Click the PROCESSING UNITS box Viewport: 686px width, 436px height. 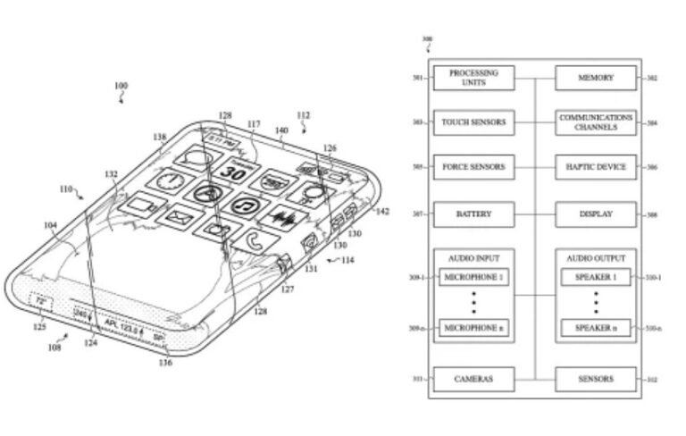(x=473, y=78)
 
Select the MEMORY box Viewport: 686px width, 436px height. (x=597, y=78)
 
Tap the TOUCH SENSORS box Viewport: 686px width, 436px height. (x=473, y=122)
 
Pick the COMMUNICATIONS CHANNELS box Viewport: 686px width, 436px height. (x=597, y=122)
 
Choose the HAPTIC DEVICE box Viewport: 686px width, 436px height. (x=597, y=167)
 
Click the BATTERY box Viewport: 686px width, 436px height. (x=473, y=214)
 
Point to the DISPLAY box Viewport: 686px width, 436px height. (x=597, y=214)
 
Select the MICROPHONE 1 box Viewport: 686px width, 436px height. (x=473, y=277)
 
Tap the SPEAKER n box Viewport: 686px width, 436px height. (x=597, y=329)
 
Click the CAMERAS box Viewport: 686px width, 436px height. (x=473, y=379)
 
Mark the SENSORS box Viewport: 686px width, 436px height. (x=597, y=379)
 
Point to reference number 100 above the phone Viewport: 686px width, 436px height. (x=121, y=87)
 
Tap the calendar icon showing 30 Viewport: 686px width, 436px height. (x=234, y=172)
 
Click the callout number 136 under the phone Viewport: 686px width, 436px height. (x=165, y=362)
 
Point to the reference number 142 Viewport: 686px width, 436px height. (x=381, y=212)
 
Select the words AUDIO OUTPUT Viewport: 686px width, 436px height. (x=597, y=257)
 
